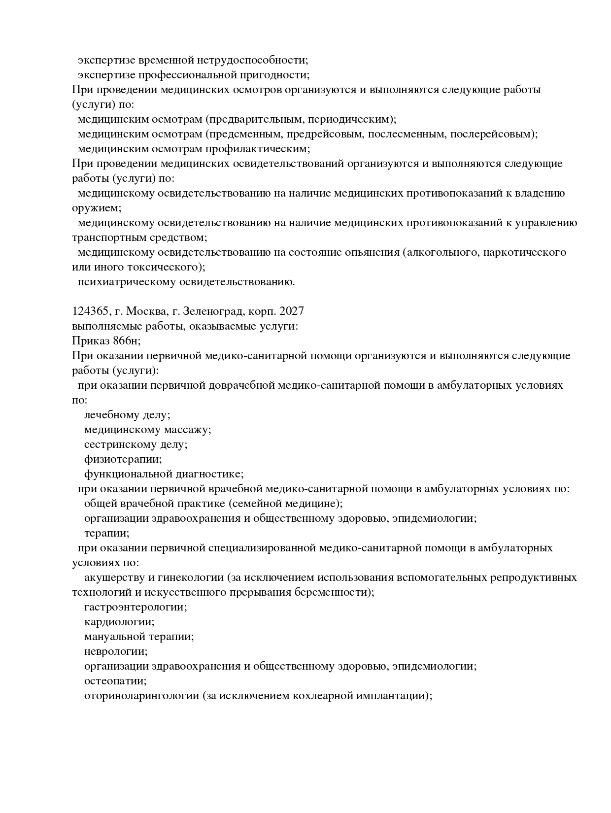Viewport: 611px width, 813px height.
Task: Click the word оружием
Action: (x=96, y=208)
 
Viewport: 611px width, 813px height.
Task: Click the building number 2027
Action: (x=291, y=311)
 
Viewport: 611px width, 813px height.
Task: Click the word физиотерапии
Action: (x=123, y=459)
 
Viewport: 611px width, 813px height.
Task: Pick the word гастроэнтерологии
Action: (x=136, y=607)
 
